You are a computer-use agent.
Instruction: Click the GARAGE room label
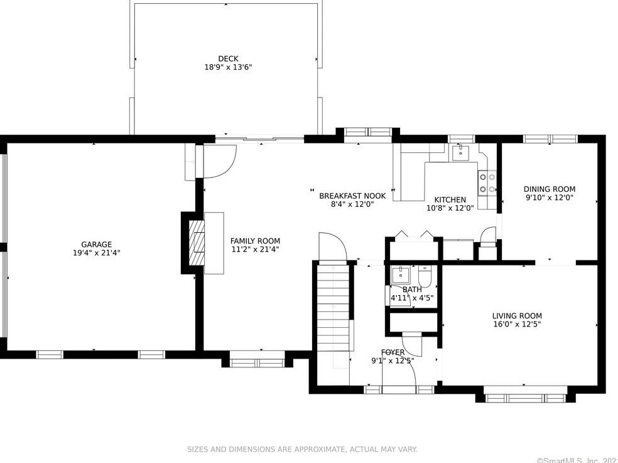97,244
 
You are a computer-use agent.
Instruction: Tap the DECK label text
228,59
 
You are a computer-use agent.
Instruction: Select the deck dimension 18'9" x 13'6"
228,67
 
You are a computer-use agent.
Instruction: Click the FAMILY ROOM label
255,241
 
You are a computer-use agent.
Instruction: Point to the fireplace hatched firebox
197,242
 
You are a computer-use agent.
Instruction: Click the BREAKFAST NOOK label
352,196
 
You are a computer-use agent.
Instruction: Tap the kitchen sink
460,152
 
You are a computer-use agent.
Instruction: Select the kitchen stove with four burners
487,183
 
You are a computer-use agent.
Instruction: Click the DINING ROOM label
549,189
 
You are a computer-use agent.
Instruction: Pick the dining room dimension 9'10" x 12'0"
549,198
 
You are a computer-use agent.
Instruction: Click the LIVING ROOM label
517,316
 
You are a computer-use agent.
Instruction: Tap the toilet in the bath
425,277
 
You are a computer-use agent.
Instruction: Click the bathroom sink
401,275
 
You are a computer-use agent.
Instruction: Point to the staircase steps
333,307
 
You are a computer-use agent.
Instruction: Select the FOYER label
393,352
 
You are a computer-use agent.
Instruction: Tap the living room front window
525,398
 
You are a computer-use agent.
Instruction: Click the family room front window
257,363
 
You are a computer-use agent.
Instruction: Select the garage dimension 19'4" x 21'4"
97,253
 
